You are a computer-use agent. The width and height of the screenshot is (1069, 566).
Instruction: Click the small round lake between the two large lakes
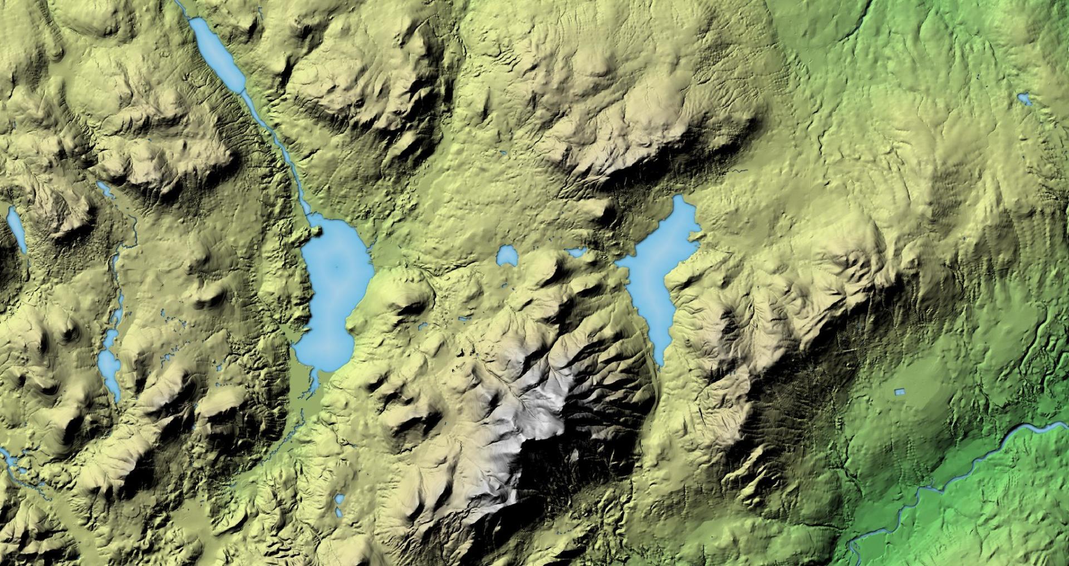(507, 256)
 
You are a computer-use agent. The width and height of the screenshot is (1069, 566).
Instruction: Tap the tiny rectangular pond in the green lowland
(897, 392)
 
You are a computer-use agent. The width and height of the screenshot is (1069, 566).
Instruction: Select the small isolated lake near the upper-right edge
(1024, 99)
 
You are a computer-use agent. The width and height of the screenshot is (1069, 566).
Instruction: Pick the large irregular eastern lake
(657, 267)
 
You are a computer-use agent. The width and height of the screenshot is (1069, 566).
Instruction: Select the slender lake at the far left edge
(16, 228)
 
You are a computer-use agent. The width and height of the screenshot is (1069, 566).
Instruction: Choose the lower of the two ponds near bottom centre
(339, 511)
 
